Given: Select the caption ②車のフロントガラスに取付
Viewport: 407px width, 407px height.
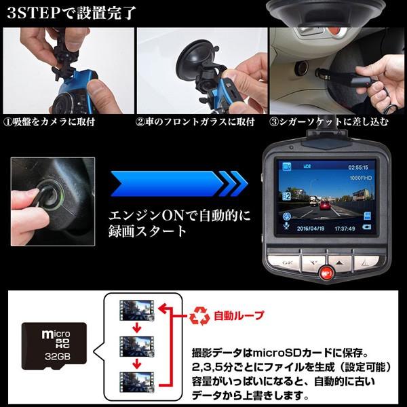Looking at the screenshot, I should point(195,122).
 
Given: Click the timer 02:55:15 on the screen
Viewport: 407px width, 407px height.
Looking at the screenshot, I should point(360,165).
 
